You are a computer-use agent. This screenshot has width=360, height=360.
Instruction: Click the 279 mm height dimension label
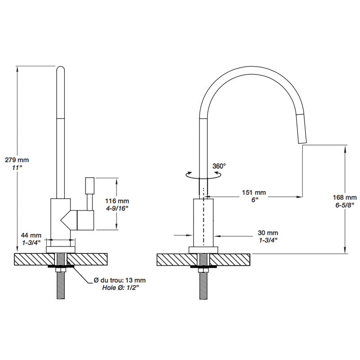(17, 159)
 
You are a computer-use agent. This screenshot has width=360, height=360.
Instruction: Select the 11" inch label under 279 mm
(17, 168)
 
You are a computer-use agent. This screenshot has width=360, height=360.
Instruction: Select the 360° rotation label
(219, 166)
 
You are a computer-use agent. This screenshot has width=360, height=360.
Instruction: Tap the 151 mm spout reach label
(255, 193)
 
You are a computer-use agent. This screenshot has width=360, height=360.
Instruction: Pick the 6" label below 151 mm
(255, 200)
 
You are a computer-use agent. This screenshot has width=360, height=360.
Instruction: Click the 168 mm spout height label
(345, 197)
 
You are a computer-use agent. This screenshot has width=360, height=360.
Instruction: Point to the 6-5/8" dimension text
(345, 205)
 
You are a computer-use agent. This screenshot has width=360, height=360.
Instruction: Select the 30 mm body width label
(268, 233)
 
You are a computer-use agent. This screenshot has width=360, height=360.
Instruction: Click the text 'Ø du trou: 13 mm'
(119, 280)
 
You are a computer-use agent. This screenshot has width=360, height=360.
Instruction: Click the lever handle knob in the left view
(89, 185)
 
